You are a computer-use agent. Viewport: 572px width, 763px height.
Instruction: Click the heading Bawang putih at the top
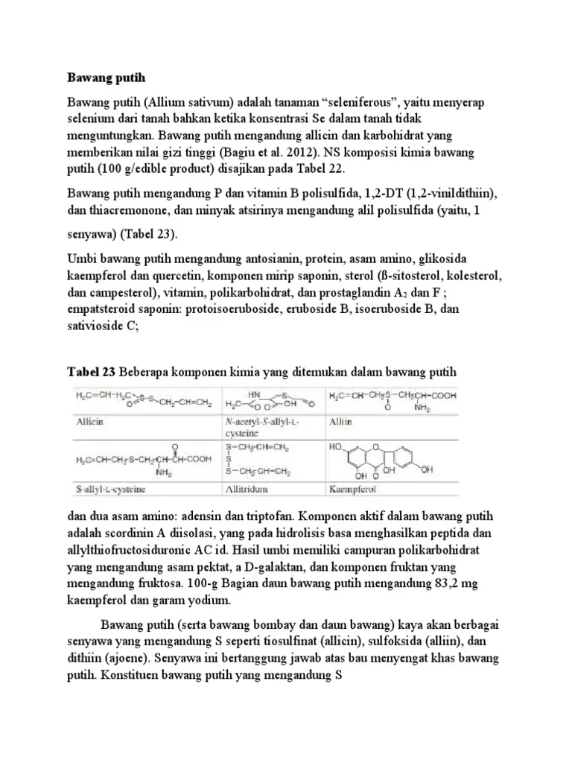tap(105, 77)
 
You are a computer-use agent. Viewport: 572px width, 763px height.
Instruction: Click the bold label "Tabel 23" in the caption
tap(91, 372)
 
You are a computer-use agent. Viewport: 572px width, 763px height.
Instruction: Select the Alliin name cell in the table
tap(340, 422)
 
